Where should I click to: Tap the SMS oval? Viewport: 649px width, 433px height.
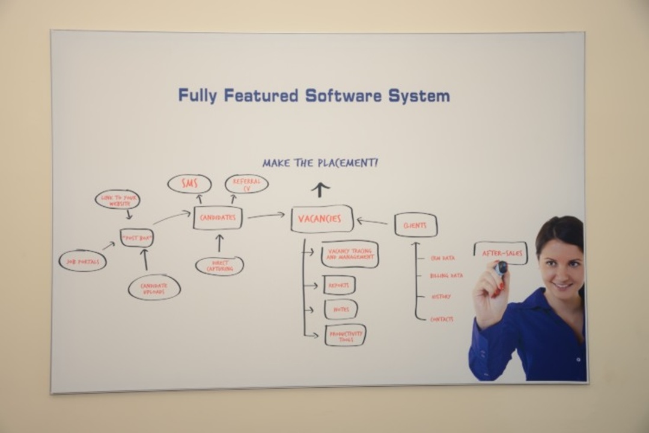point(189,184)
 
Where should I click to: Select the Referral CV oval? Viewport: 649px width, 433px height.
point(246,184)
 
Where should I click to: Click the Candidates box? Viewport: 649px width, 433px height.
point(218,218)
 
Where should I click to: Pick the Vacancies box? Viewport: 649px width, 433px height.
point(321,219)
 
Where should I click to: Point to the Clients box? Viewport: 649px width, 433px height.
point(415,225)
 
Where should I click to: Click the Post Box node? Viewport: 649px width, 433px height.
point(136,238)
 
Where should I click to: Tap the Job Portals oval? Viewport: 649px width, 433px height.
point(83,261)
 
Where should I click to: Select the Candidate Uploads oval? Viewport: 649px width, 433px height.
point(154,287)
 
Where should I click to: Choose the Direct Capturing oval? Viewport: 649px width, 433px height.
point(219,266)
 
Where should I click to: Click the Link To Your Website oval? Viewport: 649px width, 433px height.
point(118,200)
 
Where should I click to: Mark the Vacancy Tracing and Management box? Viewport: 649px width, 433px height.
point(349,254)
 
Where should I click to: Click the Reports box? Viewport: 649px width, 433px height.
point(339,285)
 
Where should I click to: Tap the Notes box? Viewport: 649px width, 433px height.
point(341,309)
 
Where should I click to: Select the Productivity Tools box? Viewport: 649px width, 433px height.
point(345,335)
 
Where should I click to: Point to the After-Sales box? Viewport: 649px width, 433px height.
point(501,253)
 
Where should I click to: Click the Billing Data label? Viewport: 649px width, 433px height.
point(446,275)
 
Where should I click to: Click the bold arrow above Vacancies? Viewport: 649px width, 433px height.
point(320,189)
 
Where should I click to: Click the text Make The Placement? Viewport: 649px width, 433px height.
point(320,162)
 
